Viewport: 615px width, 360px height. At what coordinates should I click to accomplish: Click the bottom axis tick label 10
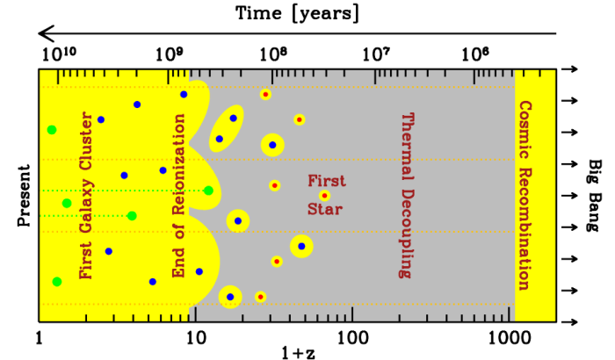tap(195, 336)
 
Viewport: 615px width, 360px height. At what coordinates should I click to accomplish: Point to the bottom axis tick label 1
tap(40, 336)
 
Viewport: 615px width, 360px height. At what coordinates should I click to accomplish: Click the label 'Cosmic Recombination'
tap(525, 195)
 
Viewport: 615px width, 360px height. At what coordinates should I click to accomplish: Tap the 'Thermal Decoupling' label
tap(405, 195)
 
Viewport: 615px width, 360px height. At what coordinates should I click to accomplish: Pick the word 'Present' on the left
tap(24, 194)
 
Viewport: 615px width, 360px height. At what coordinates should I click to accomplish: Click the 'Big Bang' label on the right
tap(594, 195)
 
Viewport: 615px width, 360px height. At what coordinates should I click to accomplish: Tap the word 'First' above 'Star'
tap(322, 181)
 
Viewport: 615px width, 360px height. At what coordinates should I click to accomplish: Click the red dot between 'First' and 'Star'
tap(325, 196)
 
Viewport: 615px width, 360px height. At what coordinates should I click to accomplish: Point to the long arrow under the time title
tap(298, 33)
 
